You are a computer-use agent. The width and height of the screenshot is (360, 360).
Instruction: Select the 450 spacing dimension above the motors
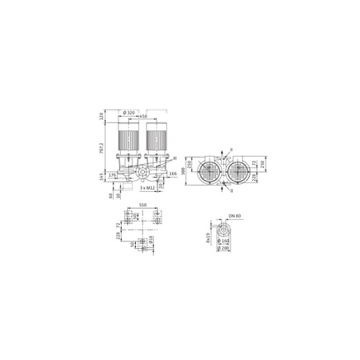pyautogui.click(x=142, y=118)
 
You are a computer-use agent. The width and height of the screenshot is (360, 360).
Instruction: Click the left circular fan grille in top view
pyautogui.click(x=208, y=170)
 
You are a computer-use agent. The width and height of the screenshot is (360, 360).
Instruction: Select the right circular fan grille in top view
pyautogui.click(x=238, y=170)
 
